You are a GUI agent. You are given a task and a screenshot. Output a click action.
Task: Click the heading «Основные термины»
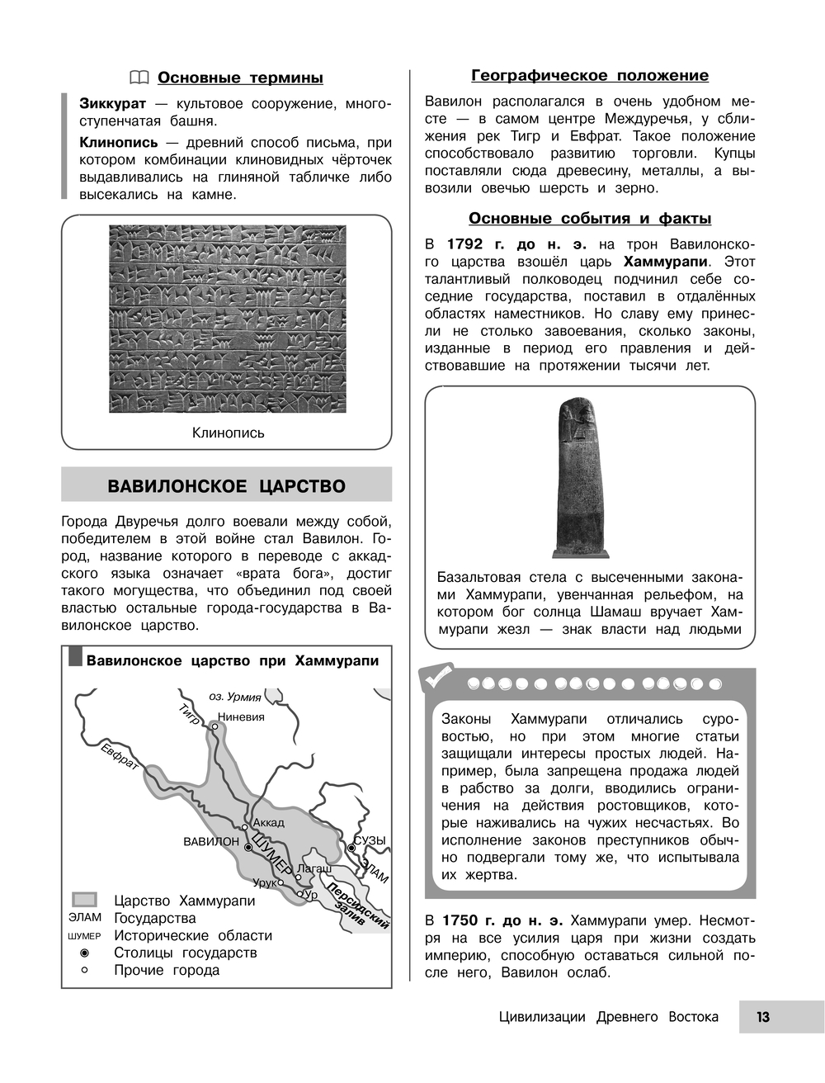tap(239, 78)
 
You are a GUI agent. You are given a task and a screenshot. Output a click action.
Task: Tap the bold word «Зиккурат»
tap(112, 104)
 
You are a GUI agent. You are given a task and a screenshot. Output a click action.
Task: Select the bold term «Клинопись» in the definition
tap(118, 143)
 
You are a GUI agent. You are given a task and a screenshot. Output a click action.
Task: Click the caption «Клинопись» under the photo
tap(228, 433)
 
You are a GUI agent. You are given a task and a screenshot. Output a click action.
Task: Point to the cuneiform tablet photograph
tap(228, 319)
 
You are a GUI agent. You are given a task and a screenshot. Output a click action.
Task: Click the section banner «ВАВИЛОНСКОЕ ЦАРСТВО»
tap(227, 486)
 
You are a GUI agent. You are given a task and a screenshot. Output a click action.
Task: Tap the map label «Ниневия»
tap(241, 717)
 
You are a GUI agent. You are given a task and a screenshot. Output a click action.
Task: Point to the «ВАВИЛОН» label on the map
tap(211, 842)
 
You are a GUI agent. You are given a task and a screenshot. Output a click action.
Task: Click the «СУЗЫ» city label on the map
tap(370, 840)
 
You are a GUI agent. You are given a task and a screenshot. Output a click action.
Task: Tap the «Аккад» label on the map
tap(268, 822)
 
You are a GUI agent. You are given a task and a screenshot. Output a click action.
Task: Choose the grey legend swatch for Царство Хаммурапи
tap(84, 900)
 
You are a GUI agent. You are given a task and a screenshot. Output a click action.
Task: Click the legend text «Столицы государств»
tap(186, 953)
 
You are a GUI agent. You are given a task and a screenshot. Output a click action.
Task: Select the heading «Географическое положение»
tap(590, 76)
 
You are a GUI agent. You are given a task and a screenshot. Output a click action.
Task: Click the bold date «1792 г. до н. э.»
tap(516, 244)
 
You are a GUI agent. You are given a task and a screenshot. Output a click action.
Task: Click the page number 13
tap(763, 1017)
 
